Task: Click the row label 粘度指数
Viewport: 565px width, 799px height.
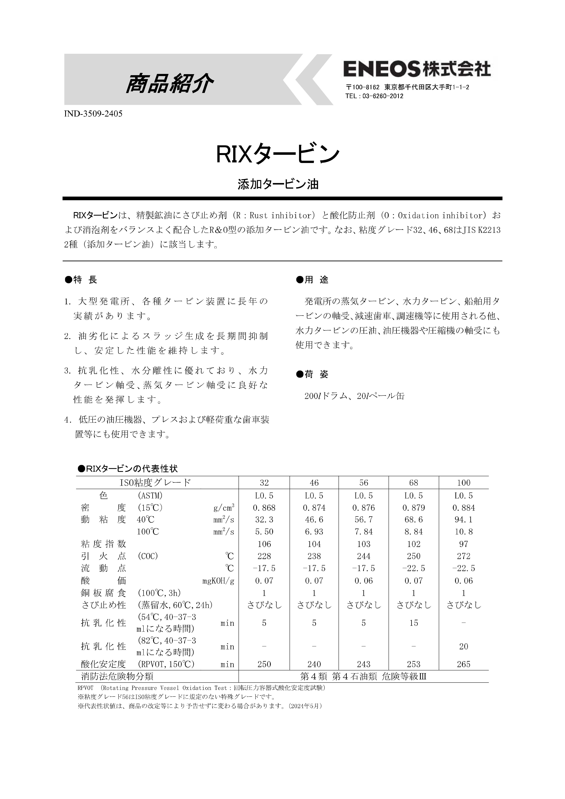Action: (x=103, y=544)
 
